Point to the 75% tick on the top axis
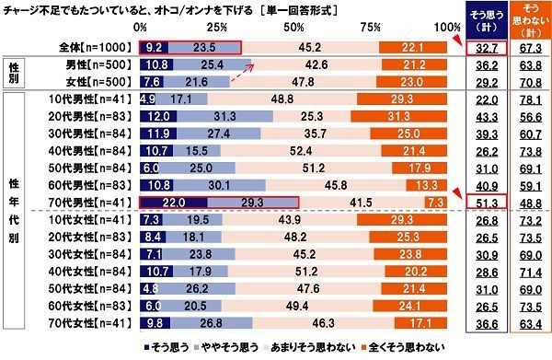pos(378,28)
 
